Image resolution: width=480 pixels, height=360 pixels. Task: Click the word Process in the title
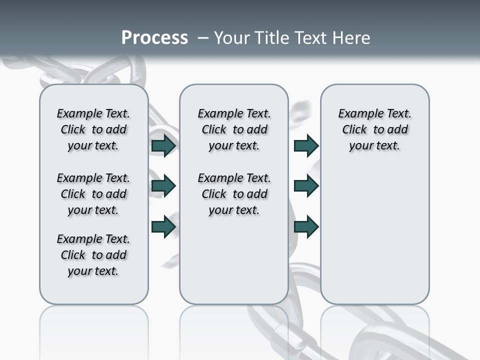(154, 38)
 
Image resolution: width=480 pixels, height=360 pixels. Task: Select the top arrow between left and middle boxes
(163, 145)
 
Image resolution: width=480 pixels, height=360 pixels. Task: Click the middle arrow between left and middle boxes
(163, 186)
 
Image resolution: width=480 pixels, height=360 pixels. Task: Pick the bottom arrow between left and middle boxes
(163, 226)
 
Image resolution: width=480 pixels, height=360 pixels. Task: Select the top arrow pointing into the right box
(306, 145)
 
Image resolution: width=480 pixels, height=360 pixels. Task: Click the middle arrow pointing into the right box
(306, 186)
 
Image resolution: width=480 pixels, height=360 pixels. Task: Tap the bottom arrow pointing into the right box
(306, 226)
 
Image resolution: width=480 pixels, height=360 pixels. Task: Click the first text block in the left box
(93, 129)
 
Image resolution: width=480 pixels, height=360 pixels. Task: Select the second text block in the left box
(93, 194)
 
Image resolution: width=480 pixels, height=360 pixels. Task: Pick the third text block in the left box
(93, 255)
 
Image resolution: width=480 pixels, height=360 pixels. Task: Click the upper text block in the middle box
(234, 129)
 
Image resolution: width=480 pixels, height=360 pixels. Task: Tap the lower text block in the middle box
(234, 194)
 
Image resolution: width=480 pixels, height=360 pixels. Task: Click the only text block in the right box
(374, 129)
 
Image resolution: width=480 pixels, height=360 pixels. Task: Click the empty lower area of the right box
(374, 240)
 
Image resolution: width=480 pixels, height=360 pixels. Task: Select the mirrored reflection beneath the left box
(93, 330)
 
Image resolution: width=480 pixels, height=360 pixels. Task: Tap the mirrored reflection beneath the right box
(374, 330)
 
